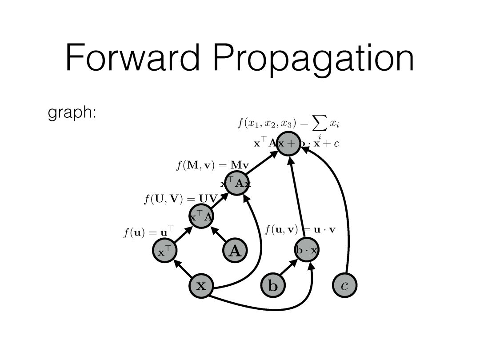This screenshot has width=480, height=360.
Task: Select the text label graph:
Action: (x=72, y=113)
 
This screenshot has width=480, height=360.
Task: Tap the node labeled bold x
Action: (x=201, y=285)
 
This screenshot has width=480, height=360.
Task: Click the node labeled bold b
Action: (x=272, y=285)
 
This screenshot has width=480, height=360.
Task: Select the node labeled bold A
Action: (x=234, y=251)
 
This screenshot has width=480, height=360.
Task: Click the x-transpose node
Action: (x=164, y=252)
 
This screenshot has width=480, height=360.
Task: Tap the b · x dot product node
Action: (x=307, y=250)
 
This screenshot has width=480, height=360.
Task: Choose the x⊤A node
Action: (x=201, y=217)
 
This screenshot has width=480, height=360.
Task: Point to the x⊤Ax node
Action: (x=236, y=183)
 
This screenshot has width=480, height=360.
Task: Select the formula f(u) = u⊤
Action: (x=148, y=232)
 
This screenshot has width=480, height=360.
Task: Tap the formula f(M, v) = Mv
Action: (x=212, y=166)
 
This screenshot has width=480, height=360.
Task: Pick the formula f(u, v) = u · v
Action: (x=300, y=230)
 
